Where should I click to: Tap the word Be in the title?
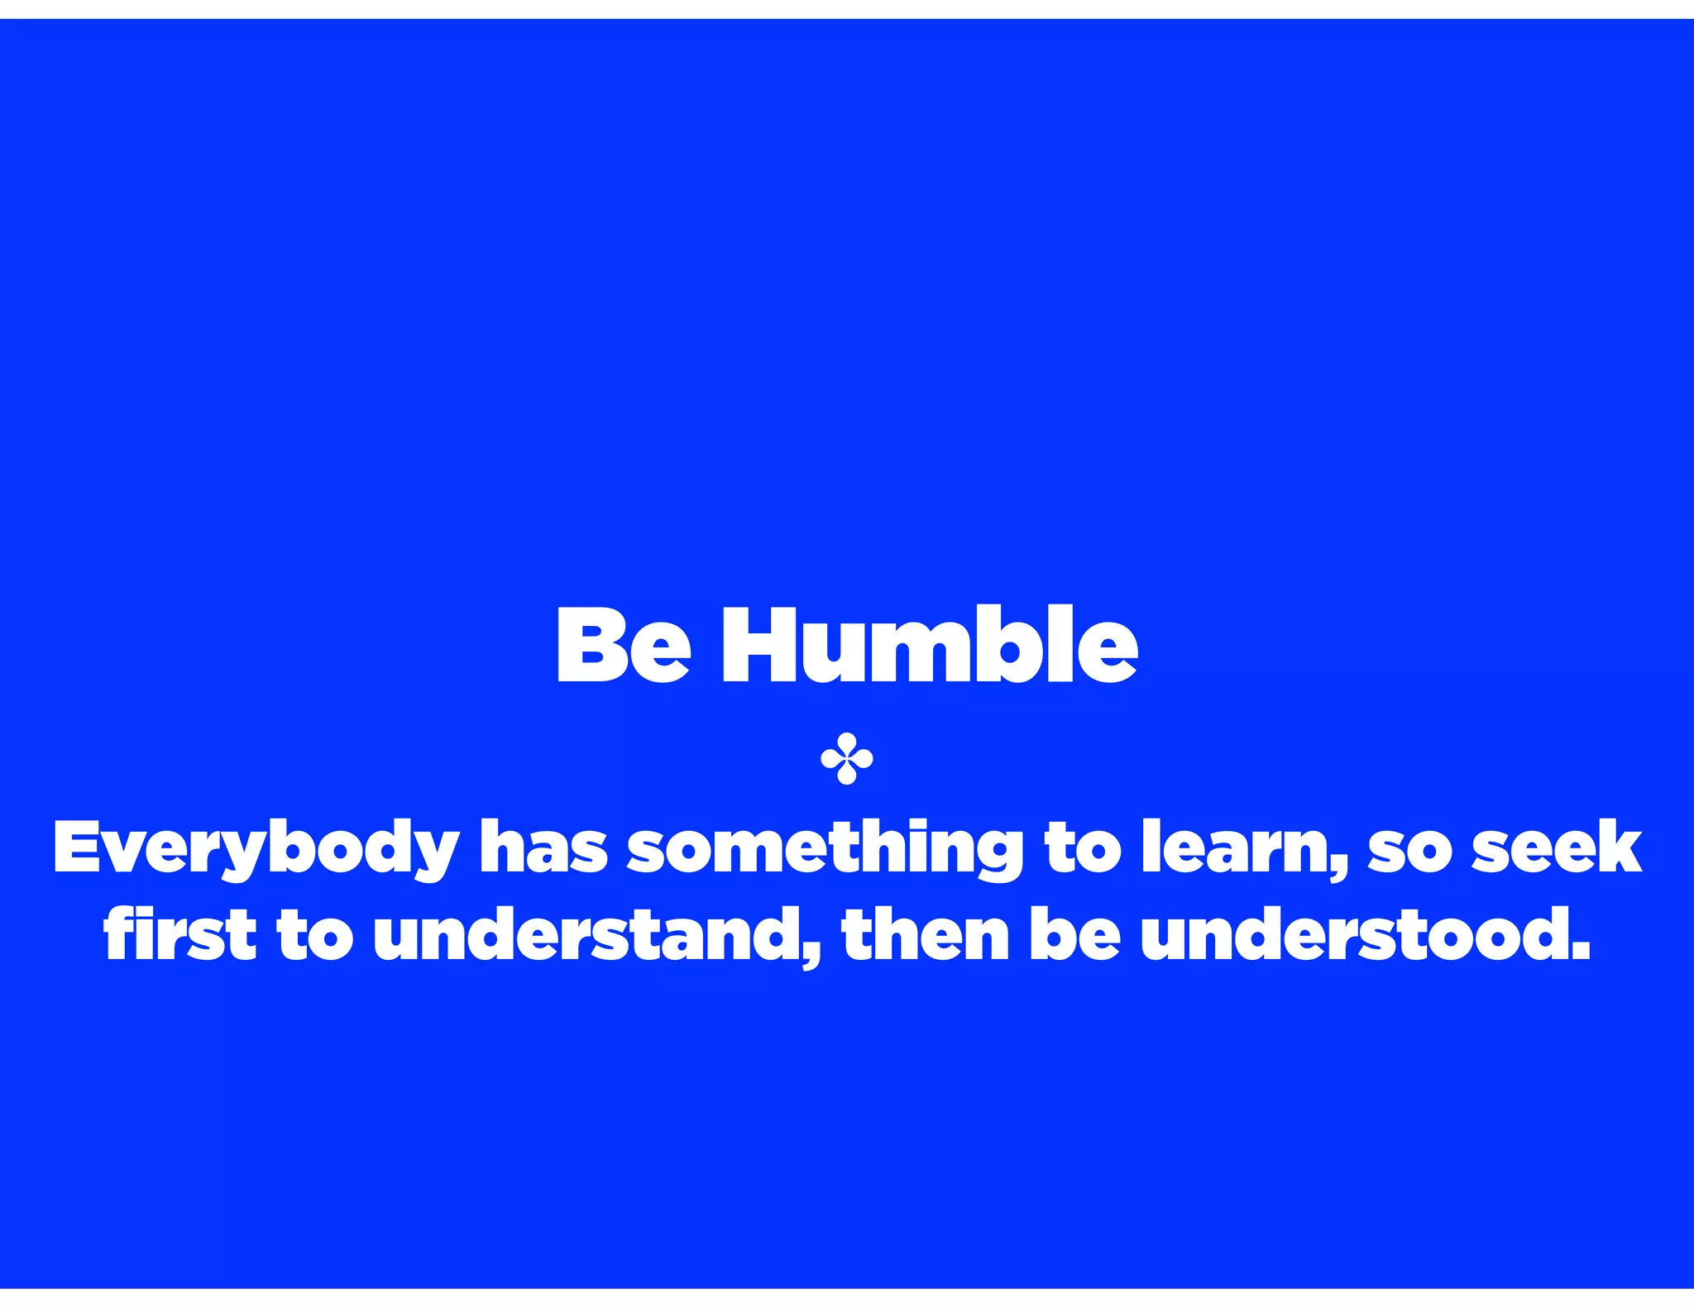(623, 646)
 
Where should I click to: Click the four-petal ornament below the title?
(846, 758)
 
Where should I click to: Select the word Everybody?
(256, 848)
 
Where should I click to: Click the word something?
(825, 850)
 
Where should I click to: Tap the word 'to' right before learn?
(1083, 848)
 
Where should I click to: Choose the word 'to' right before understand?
(314, 935)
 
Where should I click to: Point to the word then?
(926, 933)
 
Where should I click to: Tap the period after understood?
(1581, 952)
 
